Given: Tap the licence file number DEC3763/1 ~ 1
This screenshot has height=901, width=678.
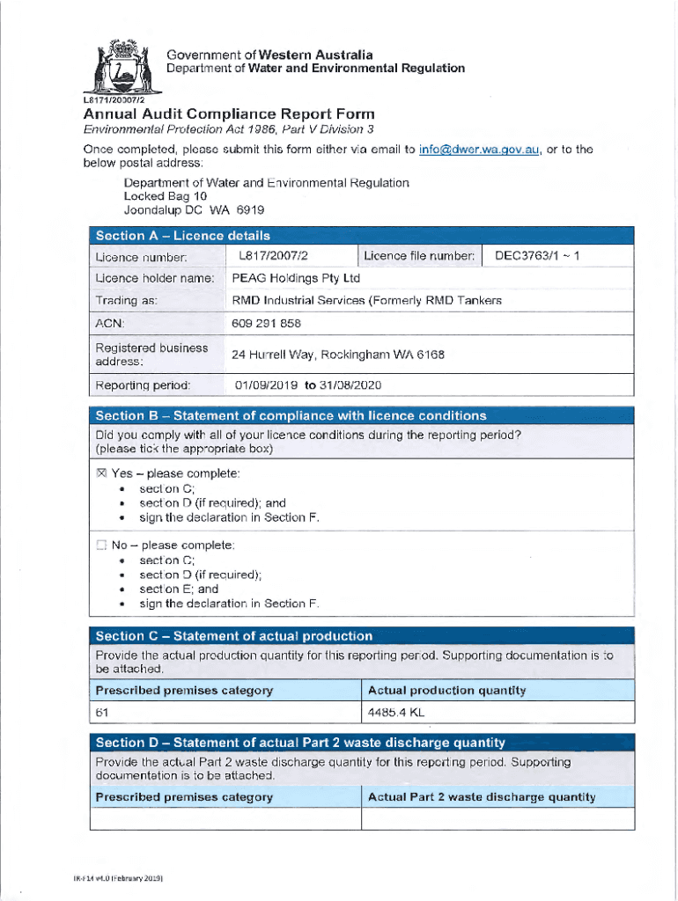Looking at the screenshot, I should tap(537, 256).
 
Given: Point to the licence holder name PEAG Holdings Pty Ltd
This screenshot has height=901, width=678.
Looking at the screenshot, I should tap(296, 278).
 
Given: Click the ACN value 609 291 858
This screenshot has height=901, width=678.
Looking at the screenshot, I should tap(266, 323).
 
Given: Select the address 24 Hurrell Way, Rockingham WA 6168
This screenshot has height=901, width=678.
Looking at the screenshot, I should tap(338, 355).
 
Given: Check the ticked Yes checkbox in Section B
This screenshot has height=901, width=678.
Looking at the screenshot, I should tap(101, 473).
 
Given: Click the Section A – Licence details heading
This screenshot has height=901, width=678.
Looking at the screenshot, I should tap(182, 236).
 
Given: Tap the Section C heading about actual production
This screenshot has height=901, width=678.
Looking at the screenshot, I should tap(233, 635).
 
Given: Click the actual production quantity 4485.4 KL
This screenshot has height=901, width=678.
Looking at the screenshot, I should tap(397, 713).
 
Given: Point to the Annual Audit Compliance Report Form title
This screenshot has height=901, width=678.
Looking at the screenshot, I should tap(229, 114).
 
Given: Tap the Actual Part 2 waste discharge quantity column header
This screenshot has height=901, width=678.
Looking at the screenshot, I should tap(481, 797).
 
